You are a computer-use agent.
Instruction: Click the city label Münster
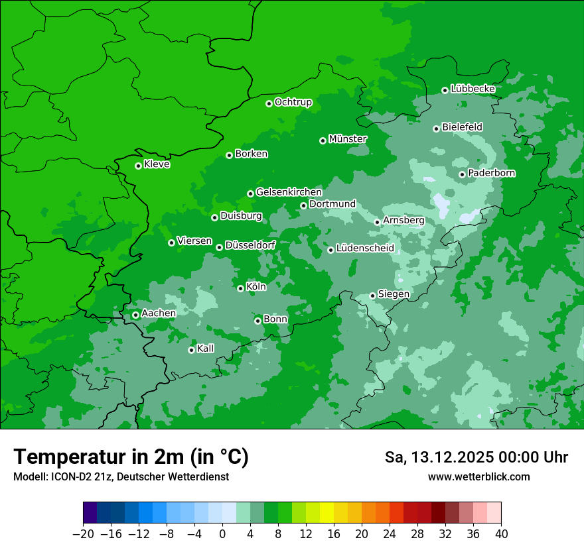pos(348,139)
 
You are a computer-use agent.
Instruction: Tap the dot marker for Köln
pos(240,288)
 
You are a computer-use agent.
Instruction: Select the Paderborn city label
pos(492,173)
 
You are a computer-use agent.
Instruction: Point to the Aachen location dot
pos(135,315)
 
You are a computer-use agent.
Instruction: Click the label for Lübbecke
pos(473,89)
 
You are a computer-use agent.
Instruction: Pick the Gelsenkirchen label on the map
pos(289,192)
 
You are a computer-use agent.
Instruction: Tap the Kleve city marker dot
pos(138,166)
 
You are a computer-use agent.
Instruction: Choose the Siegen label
pos(394,294)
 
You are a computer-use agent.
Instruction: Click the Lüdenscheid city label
pos(365,248)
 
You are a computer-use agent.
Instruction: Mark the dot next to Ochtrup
pos(269,103)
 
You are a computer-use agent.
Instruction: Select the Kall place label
pos(206,349)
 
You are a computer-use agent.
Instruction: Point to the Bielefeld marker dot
pos(436,129)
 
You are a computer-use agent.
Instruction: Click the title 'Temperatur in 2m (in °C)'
pos(131,457)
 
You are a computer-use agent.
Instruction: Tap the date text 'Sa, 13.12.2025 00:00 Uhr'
pos(476,457)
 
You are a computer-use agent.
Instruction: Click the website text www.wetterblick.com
pos(478,476)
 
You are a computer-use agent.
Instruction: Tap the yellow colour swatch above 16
pos(327,513)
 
